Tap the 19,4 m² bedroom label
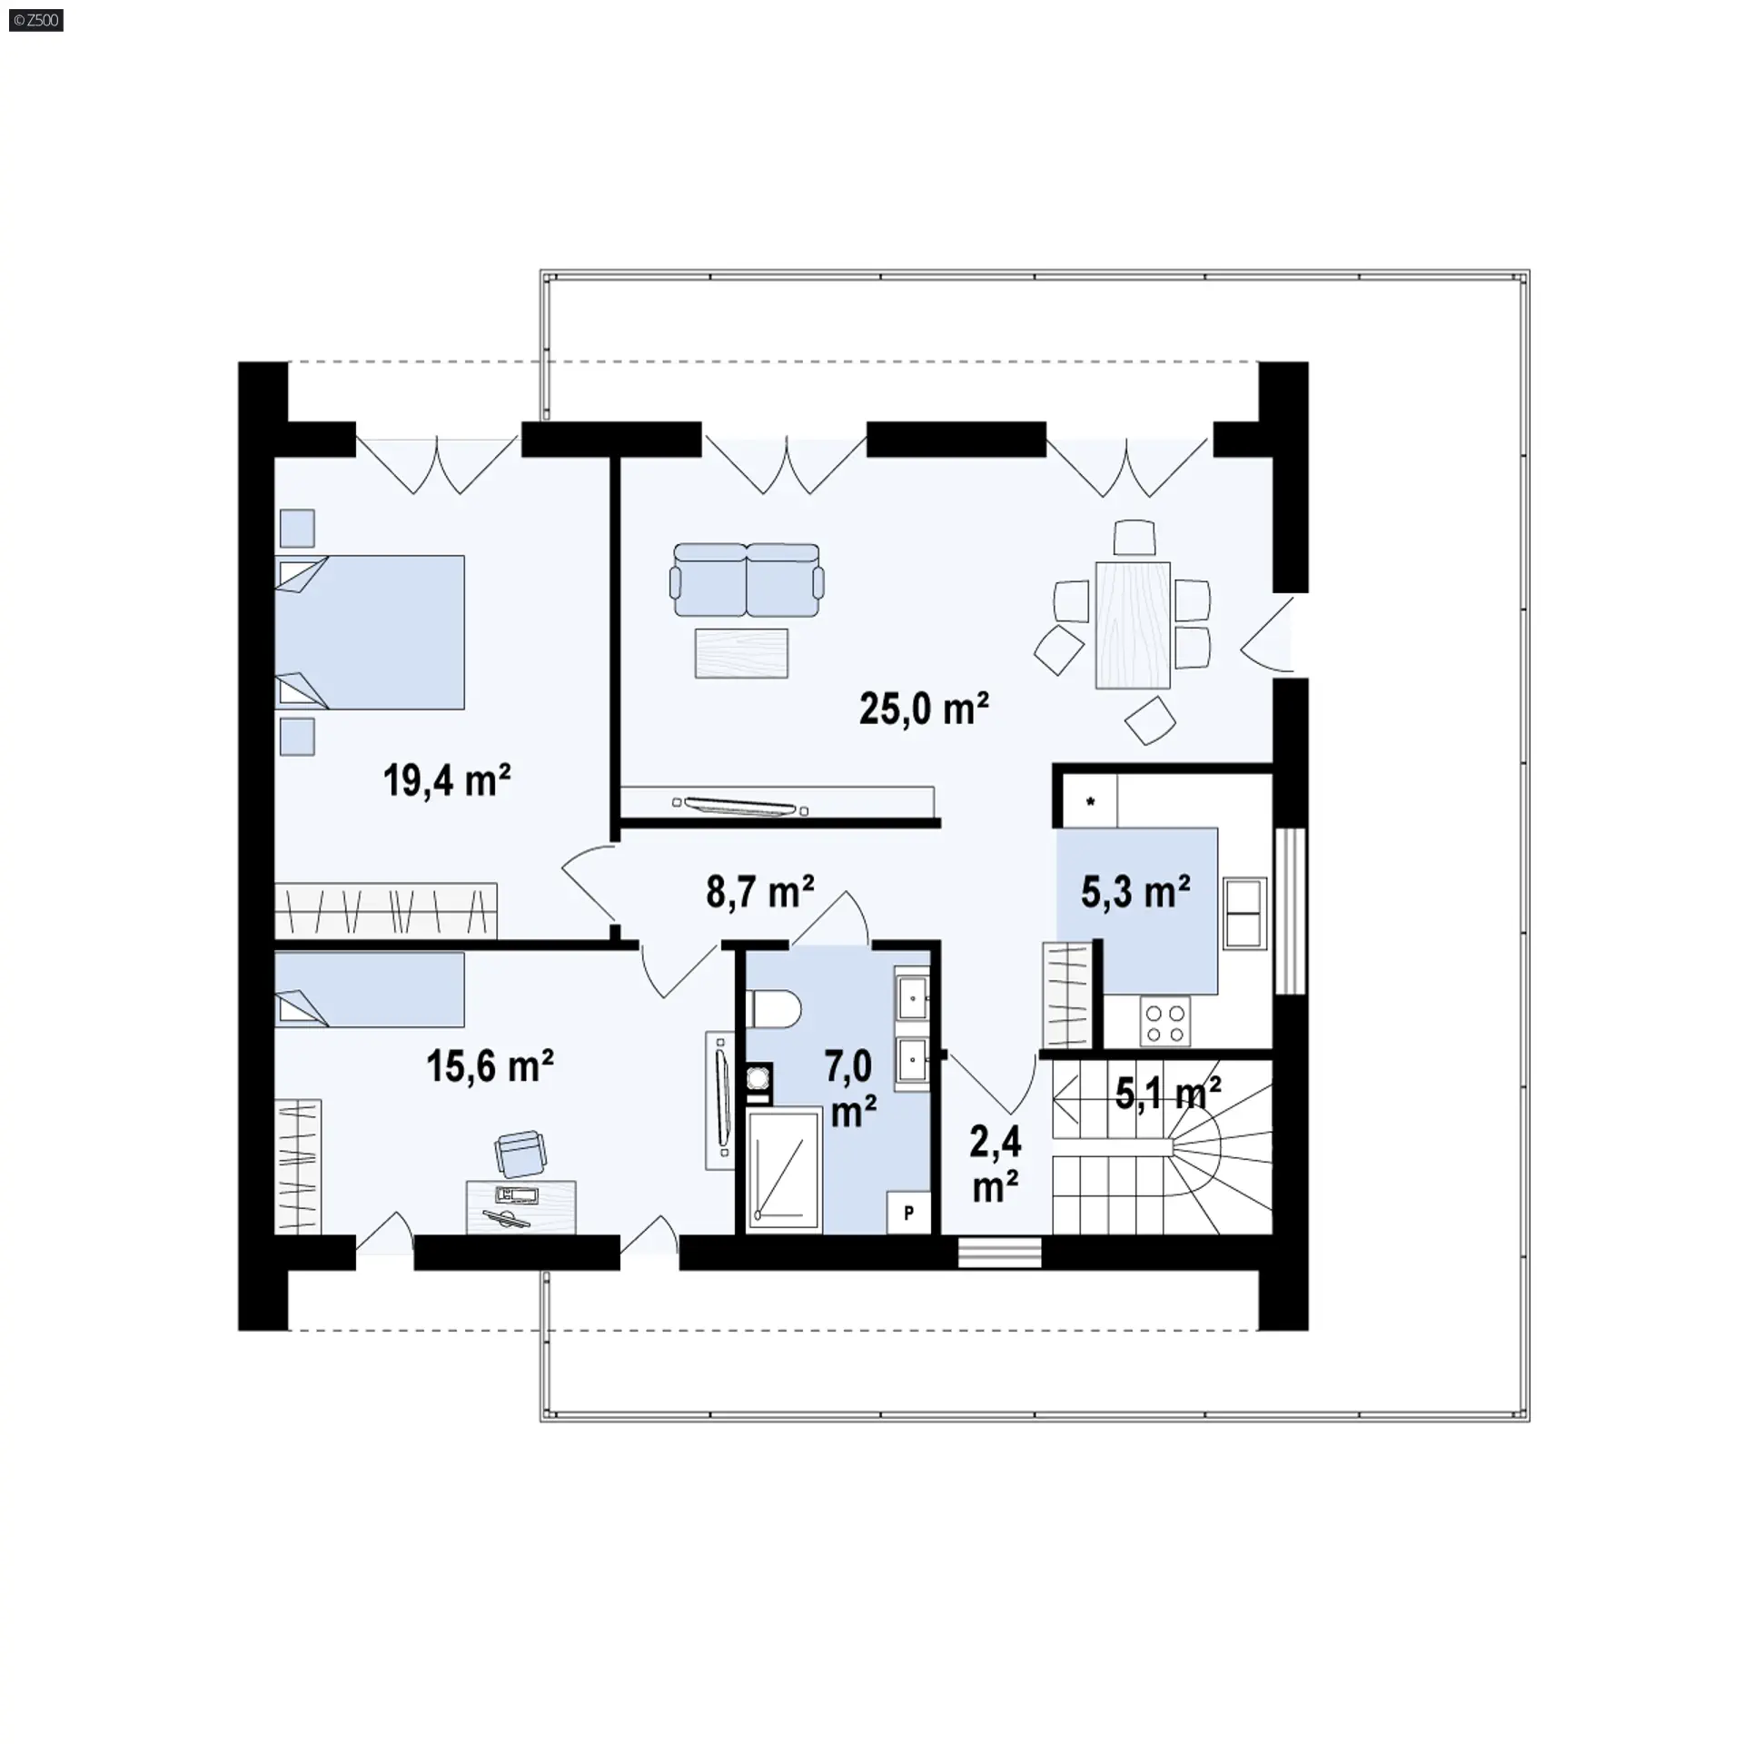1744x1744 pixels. [446, 779]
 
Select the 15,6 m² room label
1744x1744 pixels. [490, 1065]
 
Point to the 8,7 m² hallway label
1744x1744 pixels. [759, 892]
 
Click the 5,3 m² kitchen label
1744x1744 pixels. [1135, 892]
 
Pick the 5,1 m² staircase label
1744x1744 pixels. [1167, 1094]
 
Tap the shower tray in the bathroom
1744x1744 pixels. [784, 1170]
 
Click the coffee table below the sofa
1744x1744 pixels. [742, 653]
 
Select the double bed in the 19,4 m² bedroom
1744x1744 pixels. [370, 632]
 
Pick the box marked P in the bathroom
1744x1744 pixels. [908, 1212]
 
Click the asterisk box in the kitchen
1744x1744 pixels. [1089, 802]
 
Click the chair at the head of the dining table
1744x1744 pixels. [1135, 537]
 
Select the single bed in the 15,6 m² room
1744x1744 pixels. [370, 989]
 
